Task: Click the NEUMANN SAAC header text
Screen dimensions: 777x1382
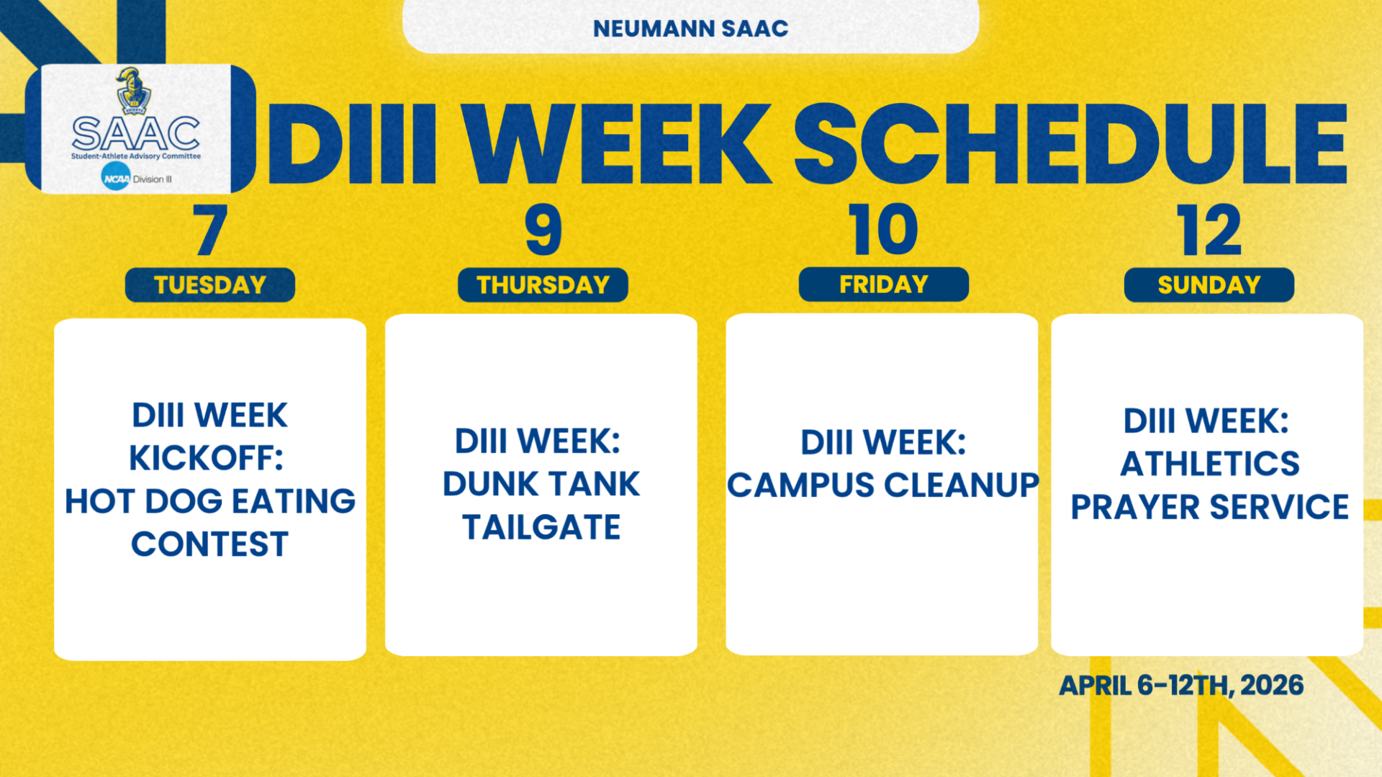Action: click(690, 29)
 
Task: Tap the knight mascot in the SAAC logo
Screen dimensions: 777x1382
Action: click(132, 91)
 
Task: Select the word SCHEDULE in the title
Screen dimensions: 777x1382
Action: click(1070, 144)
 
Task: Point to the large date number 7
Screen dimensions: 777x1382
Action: click(210, 230)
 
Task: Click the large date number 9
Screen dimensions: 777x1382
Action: click(543, 230)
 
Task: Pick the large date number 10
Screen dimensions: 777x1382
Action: click(883, 230)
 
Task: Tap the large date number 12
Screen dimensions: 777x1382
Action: click(1209, 230)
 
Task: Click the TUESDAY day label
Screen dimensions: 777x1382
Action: click(210, 285)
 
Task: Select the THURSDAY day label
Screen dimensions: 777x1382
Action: click(543, 285)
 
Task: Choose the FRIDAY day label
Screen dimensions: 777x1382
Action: click(883, 284)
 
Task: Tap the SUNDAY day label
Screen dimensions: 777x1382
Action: click(1209, 285)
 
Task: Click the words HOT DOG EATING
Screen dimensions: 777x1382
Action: click(210, 501)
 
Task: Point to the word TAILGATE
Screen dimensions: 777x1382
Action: click(541, 527)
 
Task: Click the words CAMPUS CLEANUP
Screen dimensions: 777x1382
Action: click(882, 485)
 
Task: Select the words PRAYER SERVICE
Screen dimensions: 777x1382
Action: click(1209, 507)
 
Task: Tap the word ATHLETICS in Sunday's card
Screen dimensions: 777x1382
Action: click(1209, 464)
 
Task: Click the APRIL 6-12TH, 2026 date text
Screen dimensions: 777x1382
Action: click(1181, 685)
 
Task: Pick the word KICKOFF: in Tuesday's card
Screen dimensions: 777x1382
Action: click(207, 458)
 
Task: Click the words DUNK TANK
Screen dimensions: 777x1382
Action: click(541, 484)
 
